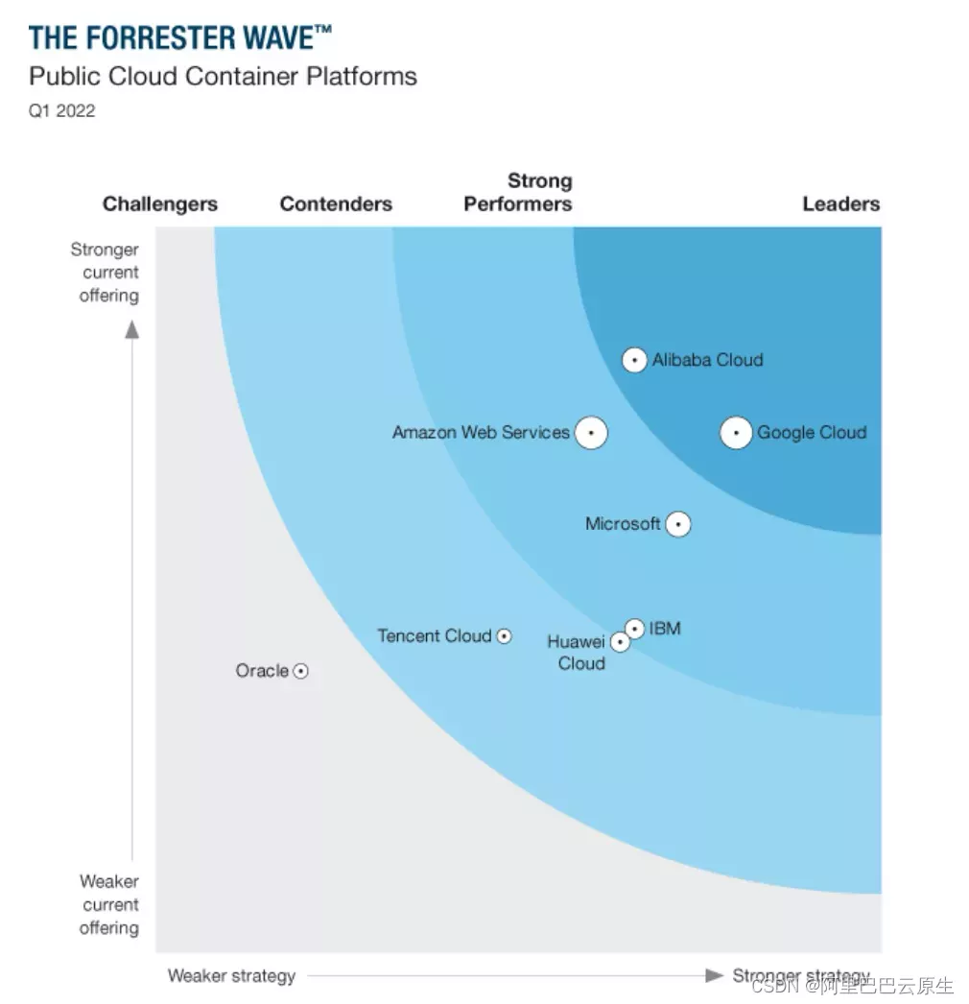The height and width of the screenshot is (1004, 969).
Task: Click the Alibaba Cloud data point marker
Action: (634, 360)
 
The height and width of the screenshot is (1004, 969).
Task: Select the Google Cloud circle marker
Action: (736, 433)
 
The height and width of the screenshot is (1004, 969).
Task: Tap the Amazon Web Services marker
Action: (591, 433)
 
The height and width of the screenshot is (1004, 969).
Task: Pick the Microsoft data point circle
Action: (678, 524)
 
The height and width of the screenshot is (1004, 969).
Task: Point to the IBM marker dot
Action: (635, 629)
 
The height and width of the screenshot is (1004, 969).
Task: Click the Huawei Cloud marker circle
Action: (621, 642)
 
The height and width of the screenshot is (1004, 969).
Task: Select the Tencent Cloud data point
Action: (504, 635)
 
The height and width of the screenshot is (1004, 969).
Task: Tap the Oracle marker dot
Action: (300, 672)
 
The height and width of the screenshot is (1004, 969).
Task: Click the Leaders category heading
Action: (840, 203)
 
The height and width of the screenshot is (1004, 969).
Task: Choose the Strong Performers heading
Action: (518, 192)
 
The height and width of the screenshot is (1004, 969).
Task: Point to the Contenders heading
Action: (336, 203)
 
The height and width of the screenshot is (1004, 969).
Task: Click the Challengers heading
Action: (160, 203)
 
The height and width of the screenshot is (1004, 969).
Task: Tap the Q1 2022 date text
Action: (62, 110)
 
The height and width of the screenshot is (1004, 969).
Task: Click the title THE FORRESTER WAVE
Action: (180, 38)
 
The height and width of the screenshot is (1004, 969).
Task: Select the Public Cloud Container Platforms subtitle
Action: (223, 77)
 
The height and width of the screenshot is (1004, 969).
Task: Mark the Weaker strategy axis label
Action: (231, 975)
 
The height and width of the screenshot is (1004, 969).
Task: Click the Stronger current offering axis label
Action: (105, 273)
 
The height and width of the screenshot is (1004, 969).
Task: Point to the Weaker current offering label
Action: (108, 904)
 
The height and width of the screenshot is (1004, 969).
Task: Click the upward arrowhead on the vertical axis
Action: (132, 329)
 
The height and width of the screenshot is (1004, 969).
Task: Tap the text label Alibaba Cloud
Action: (708, 360)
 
